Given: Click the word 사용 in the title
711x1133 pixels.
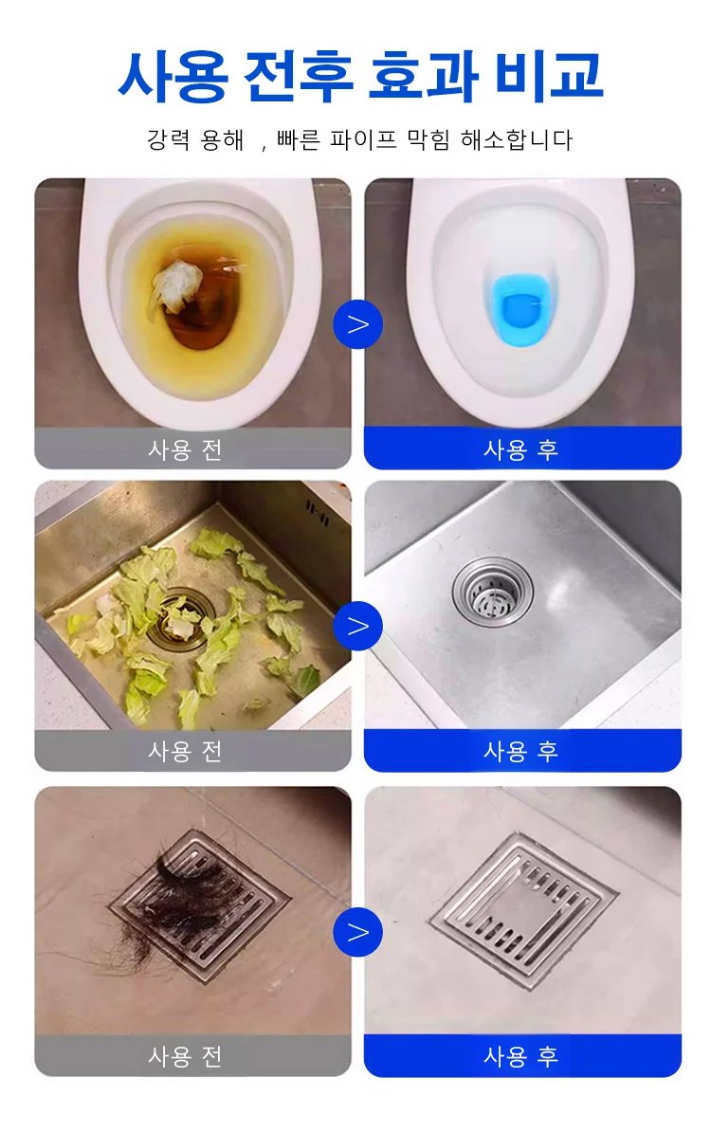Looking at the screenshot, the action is [x=173, y=75].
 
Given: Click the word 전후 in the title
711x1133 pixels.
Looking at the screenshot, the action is [x=299, y=75].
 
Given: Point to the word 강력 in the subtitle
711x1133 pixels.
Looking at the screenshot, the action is [x=170, y=139].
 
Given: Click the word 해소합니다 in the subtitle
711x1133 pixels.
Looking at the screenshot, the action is [x=517, y=139].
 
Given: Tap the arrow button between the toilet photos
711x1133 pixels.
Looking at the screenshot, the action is [x=357, y=324].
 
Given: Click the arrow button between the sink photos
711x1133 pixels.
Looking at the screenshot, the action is [x=357, y=626].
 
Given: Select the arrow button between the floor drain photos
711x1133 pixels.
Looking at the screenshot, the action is [x=357, y=931].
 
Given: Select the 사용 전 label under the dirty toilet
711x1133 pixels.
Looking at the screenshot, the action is [x=185, y=450].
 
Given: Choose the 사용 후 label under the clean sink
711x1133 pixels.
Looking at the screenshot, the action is [x=520, y=752].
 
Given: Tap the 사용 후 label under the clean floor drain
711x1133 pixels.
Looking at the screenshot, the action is [x=520, y=1056].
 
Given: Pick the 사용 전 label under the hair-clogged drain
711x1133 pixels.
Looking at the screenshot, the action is [x=185, y=1056].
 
